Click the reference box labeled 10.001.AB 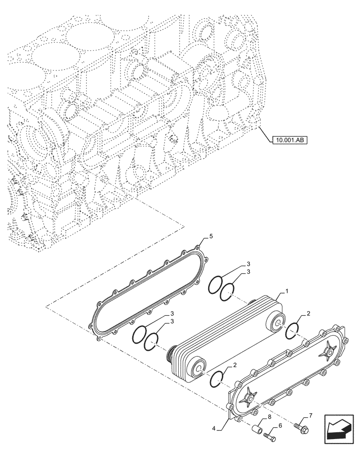(x=288, y=140)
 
